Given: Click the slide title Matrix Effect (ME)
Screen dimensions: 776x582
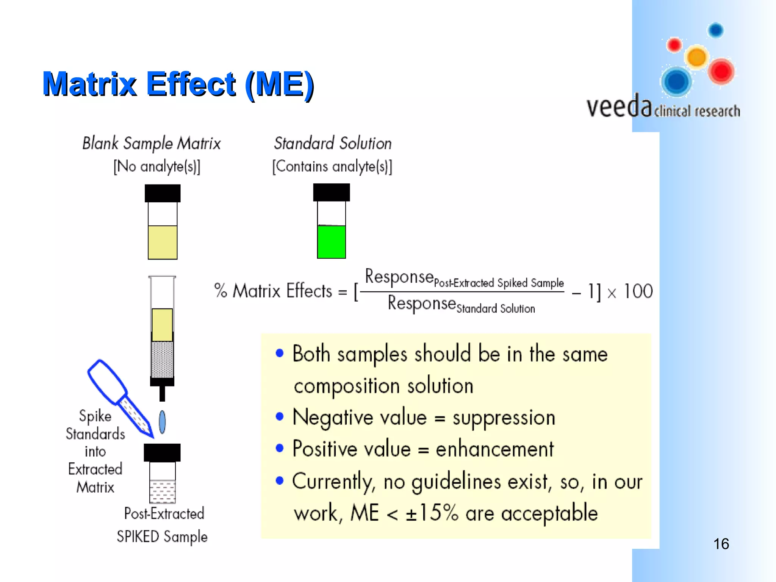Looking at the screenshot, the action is pyautogui.click(x=178, y=84).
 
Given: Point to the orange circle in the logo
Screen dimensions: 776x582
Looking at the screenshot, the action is pyautogui.click(x=696, y=57).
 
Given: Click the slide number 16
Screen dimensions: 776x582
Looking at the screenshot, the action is pyautogui.click(x=721, y=544).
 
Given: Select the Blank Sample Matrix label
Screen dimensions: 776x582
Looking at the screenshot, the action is pyautogui.click(x=151, y=144).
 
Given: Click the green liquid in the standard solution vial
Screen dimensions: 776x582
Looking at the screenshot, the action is pyautogui.click(x=331, y=242).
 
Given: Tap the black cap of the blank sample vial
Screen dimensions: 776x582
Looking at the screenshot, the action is pyautogui.click(x=163, y=193).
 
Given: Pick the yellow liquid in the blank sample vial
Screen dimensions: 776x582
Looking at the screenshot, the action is pyautogui.click(x=163, y=242).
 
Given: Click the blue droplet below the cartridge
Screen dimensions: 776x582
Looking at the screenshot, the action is pyautogui.click(x=162, y=422).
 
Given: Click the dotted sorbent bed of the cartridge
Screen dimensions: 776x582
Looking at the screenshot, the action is pyautogui.click(x=162, y=359).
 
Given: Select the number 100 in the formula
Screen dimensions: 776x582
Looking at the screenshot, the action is pyautogui.click(x=638, y=291).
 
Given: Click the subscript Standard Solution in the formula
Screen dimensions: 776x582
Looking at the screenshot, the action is pyautogui.click(x=496, y=309).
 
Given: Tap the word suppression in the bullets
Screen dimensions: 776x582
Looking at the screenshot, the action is pyautogui.click(x=504, y=418).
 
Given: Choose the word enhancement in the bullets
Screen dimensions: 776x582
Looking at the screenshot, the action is pyautogui.click(x=494, y=449).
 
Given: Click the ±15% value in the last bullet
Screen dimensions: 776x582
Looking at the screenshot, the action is pyautogui.click(x=432, y=513).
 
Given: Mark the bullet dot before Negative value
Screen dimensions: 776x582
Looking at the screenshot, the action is pyautogui.click(x=280, y=417).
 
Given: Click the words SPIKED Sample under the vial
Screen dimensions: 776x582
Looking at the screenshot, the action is pyautogui.click(x=162, y=537).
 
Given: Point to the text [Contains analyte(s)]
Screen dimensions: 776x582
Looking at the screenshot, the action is pyautogui.click(x=332, y=167).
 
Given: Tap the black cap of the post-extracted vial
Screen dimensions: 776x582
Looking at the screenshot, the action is pyautogui.click(x=162, y=452).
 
